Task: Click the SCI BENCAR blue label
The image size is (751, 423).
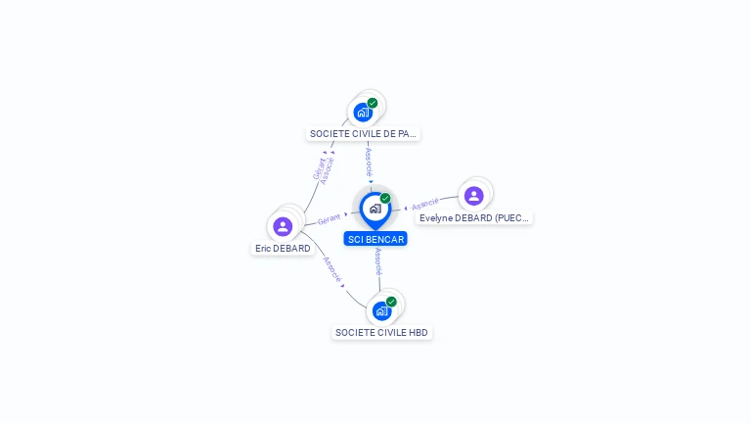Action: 375,239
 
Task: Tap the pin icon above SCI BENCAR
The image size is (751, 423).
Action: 375,211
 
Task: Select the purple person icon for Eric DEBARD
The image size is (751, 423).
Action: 283,226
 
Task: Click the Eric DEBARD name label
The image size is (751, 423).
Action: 283,249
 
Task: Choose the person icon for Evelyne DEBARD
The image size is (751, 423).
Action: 473,196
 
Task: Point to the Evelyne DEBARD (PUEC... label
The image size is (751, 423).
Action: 474,218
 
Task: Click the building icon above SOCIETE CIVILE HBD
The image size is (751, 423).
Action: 381,311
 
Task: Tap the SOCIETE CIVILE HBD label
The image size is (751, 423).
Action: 381,332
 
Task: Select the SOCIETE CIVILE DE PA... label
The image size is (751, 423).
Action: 363,134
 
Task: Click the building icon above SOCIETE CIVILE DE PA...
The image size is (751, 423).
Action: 363,113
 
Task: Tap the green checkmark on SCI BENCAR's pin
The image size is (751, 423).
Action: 385,198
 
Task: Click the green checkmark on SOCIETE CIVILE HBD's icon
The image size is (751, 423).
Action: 391,302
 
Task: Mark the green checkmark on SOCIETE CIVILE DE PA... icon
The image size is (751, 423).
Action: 373,103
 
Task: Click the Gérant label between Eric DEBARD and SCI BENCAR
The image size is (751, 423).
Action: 329,219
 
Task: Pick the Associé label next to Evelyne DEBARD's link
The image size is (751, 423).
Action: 425,204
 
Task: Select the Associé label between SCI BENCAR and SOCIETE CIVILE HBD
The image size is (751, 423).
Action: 378,261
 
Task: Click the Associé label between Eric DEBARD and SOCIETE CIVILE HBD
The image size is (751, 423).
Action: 332,269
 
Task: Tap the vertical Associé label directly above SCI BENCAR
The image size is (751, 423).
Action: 369,163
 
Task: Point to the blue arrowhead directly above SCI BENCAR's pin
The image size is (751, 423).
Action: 371,181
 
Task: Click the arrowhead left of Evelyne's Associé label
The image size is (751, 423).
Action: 406,209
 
